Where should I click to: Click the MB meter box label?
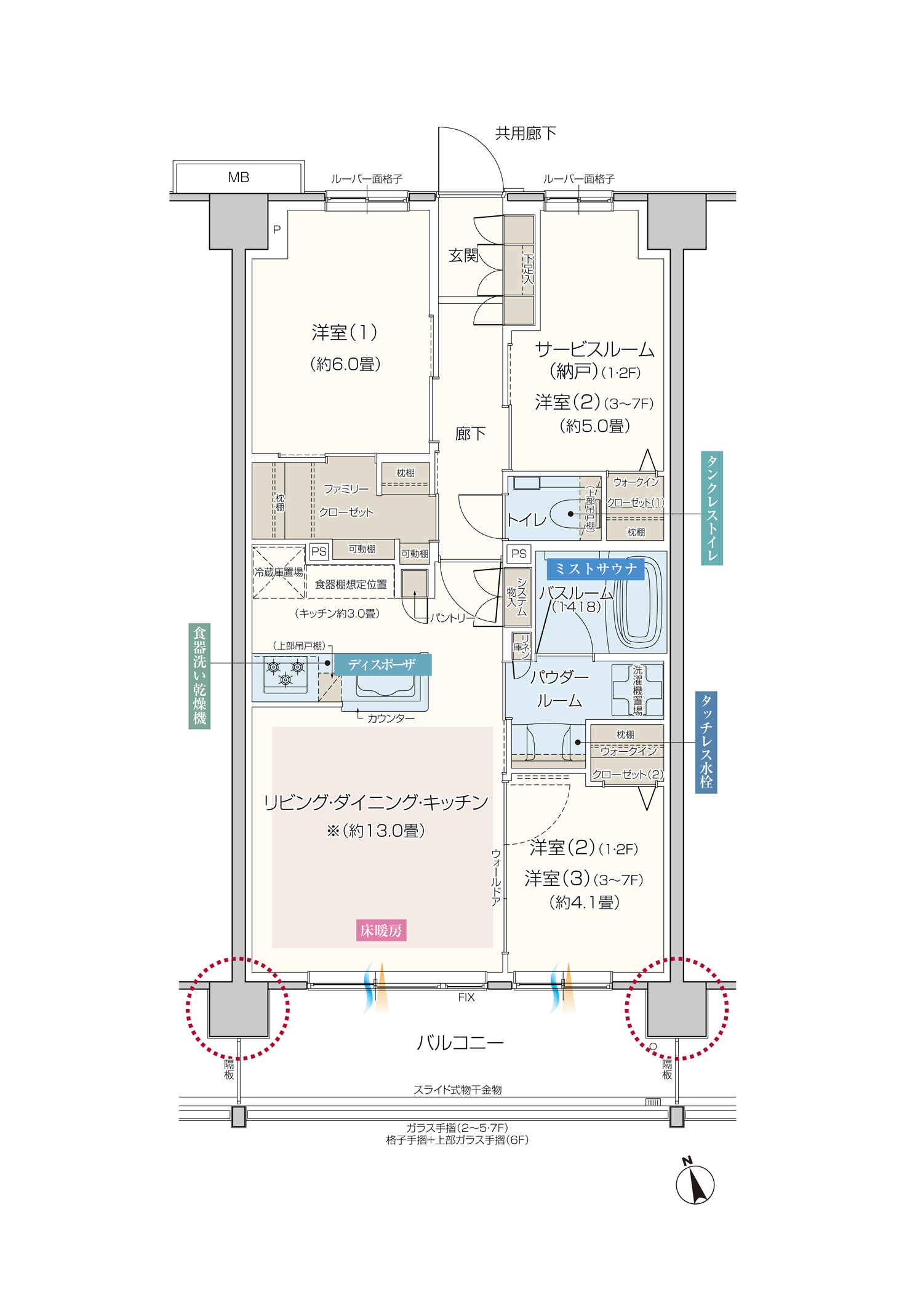(238, 178)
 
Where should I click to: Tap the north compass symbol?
(695, 1184)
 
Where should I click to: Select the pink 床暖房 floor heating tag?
(381, 930)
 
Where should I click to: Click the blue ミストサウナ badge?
(595, 569)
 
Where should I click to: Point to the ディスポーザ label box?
(382, 664)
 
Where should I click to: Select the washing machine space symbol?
(637, 690)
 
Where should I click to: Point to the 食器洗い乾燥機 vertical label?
(199, 675)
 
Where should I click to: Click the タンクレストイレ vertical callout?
(712, 508)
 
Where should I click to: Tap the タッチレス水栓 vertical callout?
(706, 742)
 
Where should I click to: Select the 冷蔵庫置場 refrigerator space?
(279, 572)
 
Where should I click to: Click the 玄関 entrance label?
(463, 255)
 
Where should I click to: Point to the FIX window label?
(466, 997)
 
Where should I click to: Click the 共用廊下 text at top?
(525, 133)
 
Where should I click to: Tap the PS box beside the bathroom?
(519, 554)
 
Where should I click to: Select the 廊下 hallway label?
(470, 434)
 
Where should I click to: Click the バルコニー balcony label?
(460, 1042)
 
